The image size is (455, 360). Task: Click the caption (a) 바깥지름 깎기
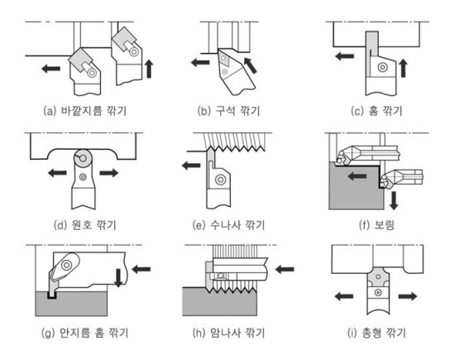85,111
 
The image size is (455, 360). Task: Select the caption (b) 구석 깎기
228,111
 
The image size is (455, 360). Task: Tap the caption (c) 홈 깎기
376,111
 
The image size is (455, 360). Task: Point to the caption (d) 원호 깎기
85,225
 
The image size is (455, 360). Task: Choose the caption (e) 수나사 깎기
228,225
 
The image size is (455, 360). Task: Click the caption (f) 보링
376,225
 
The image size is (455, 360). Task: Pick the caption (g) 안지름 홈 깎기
85,333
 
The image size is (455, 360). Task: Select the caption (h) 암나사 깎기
228,333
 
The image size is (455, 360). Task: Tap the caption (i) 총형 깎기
376,333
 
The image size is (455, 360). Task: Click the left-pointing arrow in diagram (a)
50,69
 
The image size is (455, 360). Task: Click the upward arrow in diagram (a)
149,69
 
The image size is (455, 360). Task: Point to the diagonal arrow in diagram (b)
250,65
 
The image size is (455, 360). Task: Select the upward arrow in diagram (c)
403,68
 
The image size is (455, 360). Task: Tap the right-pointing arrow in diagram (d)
109,173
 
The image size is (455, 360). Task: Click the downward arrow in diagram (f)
394,200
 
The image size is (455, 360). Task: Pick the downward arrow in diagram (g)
118,278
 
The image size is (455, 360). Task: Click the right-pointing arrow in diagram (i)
408,296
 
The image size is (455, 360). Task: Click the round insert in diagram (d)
83,158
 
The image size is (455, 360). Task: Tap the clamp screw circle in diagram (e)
220,180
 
